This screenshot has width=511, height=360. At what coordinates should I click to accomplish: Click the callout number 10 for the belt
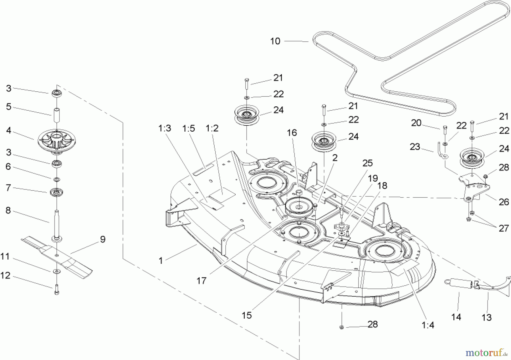pos(275,41)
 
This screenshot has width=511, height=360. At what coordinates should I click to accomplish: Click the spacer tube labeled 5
pos(56,115)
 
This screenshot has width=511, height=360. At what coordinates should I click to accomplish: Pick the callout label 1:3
pos(165,129)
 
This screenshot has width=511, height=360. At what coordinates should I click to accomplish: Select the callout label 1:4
pos(428,325)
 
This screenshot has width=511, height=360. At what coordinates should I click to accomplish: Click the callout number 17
pos(202,281)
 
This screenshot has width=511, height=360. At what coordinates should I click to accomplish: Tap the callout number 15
pos(247,315)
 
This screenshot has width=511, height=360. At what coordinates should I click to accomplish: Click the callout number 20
pos(416,123)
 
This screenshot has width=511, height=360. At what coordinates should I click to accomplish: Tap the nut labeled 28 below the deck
pos(342,327)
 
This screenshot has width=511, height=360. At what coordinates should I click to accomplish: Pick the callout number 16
pos(292,133)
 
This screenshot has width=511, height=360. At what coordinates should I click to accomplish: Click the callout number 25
pos(367,163)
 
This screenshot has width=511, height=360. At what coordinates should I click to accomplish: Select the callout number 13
pos(487,317)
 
